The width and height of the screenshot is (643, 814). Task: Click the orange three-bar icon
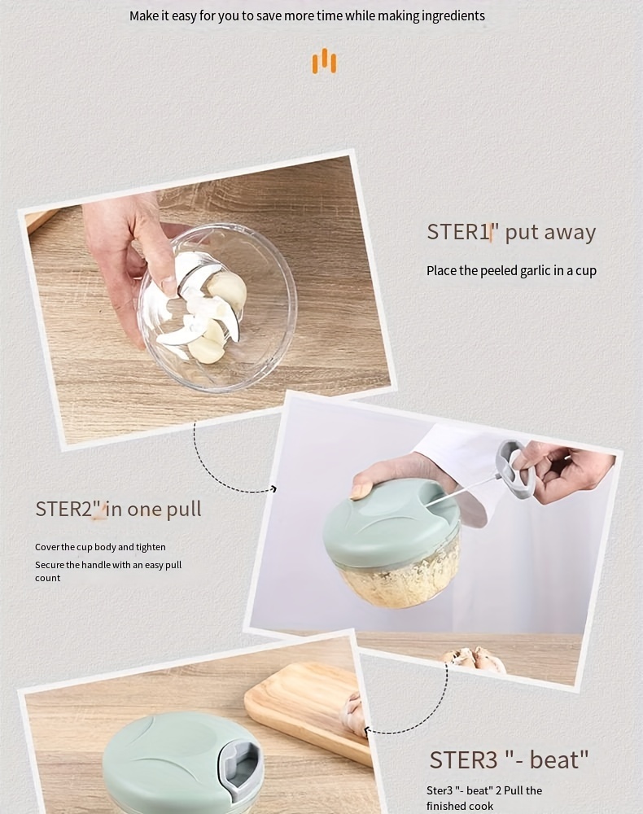(x=324, y=61)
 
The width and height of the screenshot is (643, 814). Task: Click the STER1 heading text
(x=510, y=231)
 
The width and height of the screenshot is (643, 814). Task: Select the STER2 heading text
(x=118, y=509)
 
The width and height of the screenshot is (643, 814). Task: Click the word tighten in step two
(x=151, y=547)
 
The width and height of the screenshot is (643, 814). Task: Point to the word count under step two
(x=48, y=578)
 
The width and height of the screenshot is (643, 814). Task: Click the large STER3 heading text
(x=509, y=759)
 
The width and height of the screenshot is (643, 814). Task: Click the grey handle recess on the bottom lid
(x=239, y=764)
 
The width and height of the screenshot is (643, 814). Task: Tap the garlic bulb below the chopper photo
(x=475, y=659)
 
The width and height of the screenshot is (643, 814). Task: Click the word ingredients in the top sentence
(x=453, y=16)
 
